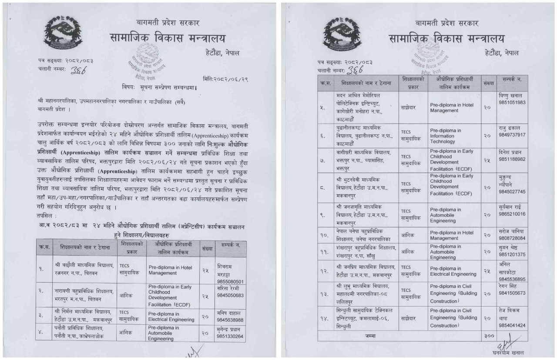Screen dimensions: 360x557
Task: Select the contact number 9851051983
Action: pos(511,102)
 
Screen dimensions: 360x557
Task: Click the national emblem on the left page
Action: pos(63,33)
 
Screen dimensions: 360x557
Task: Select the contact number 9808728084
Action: pos(511,238)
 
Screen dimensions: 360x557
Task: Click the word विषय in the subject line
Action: pos(129,88)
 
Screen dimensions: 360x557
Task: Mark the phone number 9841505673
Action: pos(511,293)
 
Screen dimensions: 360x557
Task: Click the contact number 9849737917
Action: pos(511,135)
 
